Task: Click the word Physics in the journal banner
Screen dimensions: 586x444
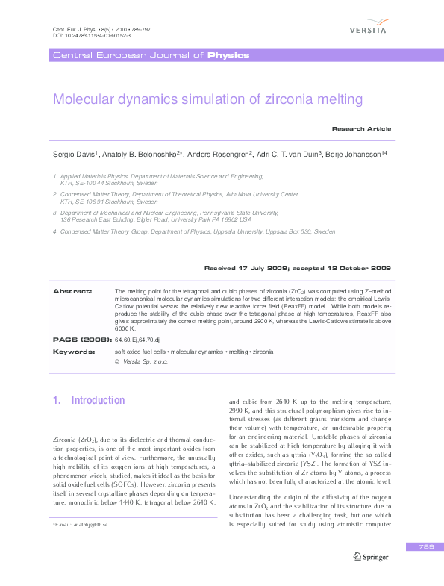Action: (x=228, y=55)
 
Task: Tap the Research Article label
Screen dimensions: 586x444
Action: (x=361, y=128)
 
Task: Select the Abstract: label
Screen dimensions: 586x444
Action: (x=72, y=290)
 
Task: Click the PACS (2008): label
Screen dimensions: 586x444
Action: (x=80, y=339)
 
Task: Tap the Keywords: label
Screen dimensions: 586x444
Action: (x=74, y=351)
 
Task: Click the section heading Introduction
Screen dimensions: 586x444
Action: (x=98, y=400)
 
